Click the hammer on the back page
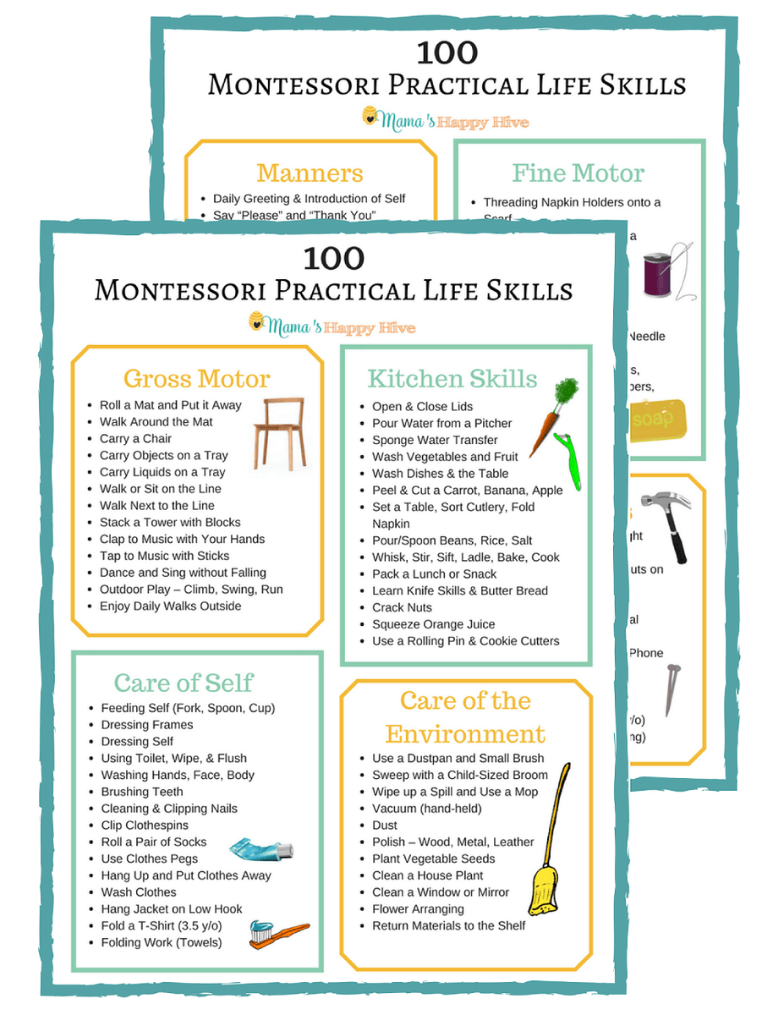tap(670, 524)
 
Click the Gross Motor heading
tap(196, 378)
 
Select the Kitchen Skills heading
tap(452, 378)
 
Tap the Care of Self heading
tap(184, 683)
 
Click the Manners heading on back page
tap(310, 173)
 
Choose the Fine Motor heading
tap(578, 173)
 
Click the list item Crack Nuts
tap(402, 607)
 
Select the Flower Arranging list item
tap(418, 908)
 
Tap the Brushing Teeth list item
tap(141, 792)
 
